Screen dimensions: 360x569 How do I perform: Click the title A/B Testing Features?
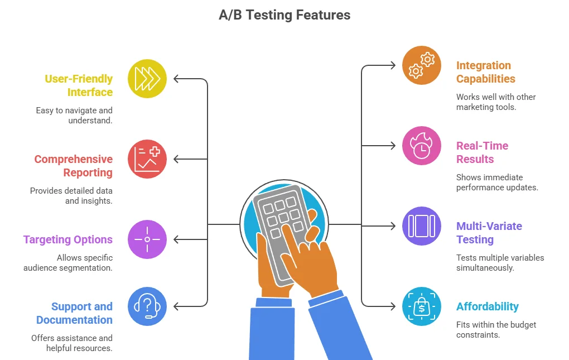pyautogui.click(x=284, y=15)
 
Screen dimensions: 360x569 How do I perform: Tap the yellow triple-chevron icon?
pyautogui.click(x=147, y=79)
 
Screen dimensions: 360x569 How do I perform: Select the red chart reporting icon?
pyautogui.click(x=147, y=159)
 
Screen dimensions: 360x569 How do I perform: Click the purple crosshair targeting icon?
pyautogui.click(x=147, y=239)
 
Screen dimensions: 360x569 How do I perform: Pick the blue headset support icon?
pyautogui.click(x=147, y=306)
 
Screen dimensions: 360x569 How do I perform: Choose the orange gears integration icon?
pyautogui.click(x=422, y=65)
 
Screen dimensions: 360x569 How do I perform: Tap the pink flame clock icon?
pyautogui.click(x=422, y=146)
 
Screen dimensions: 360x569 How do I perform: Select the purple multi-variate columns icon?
pyautogui.click(x=422, y=226)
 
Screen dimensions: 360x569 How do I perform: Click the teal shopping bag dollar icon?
pyautogui.click(x=422, y=306)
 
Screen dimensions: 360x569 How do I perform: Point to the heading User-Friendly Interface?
pyautogui.click(x=79, y=85)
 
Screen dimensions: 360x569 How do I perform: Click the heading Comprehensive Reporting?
pyautogui.click(x=74, y=166)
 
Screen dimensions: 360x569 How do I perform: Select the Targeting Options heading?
pyautogui.click(x=68, y=239)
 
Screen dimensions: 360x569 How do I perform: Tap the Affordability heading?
pyautogui.click(x=488, y=306)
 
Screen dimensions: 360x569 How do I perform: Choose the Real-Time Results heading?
pyautogui.click(x=483, y=152)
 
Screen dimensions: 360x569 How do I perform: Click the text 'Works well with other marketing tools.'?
pyautogui.click(x=496, y=102)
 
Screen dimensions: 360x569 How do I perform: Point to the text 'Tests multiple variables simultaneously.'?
pyautogui.click(x=500, y=262)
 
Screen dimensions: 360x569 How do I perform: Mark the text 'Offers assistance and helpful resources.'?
pyautogui.click(x=72, y=343)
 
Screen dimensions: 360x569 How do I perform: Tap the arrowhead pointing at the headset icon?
pyautogui.click(x=177, y=306)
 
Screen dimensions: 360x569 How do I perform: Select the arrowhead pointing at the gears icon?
pyautogui.click(x=392, y=65)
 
